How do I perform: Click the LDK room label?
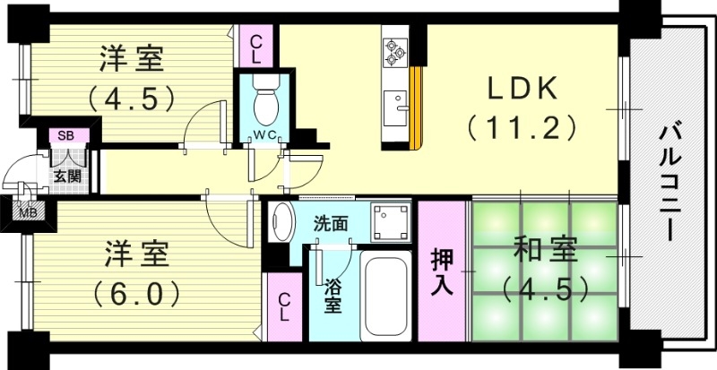click(523, 90)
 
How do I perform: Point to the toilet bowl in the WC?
click(266, 104)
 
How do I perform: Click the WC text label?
click(266, 137)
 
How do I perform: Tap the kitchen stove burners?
click(394, 52)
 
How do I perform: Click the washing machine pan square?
click(393, 221)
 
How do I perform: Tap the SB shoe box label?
click(65, 136)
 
